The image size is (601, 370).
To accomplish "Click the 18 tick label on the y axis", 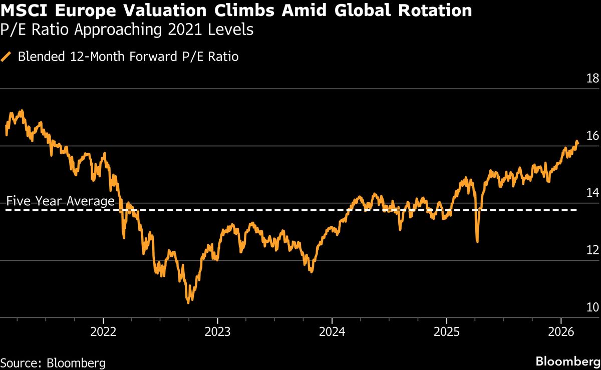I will point(592,78).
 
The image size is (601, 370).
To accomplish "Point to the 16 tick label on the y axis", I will point(592,135).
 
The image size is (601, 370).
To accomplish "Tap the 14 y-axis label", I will point(592,193).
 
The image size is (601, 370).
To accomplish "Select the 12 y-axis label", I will point(592,250).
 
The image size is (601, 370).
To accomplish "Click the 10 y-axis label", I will point(592,307).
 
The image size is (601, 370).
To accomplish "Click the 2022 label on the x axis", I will point(103,332).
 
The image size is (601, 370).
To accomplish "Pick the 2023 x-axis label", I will point(217,332).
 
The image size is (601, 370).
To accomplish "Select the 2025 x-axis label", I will point(447,332).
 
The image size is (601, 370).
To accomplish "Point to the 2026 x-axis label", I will point(561,332).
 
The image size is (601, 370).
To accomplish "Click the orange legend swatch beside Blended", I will point(7,57).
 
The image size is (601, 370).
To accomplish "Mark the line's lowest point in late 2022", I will point(188,302).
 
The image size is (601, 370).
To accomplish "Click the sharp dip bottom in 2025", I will point(477,242).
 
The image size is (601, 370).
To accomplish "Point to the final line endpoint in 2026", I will point(577,142).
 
